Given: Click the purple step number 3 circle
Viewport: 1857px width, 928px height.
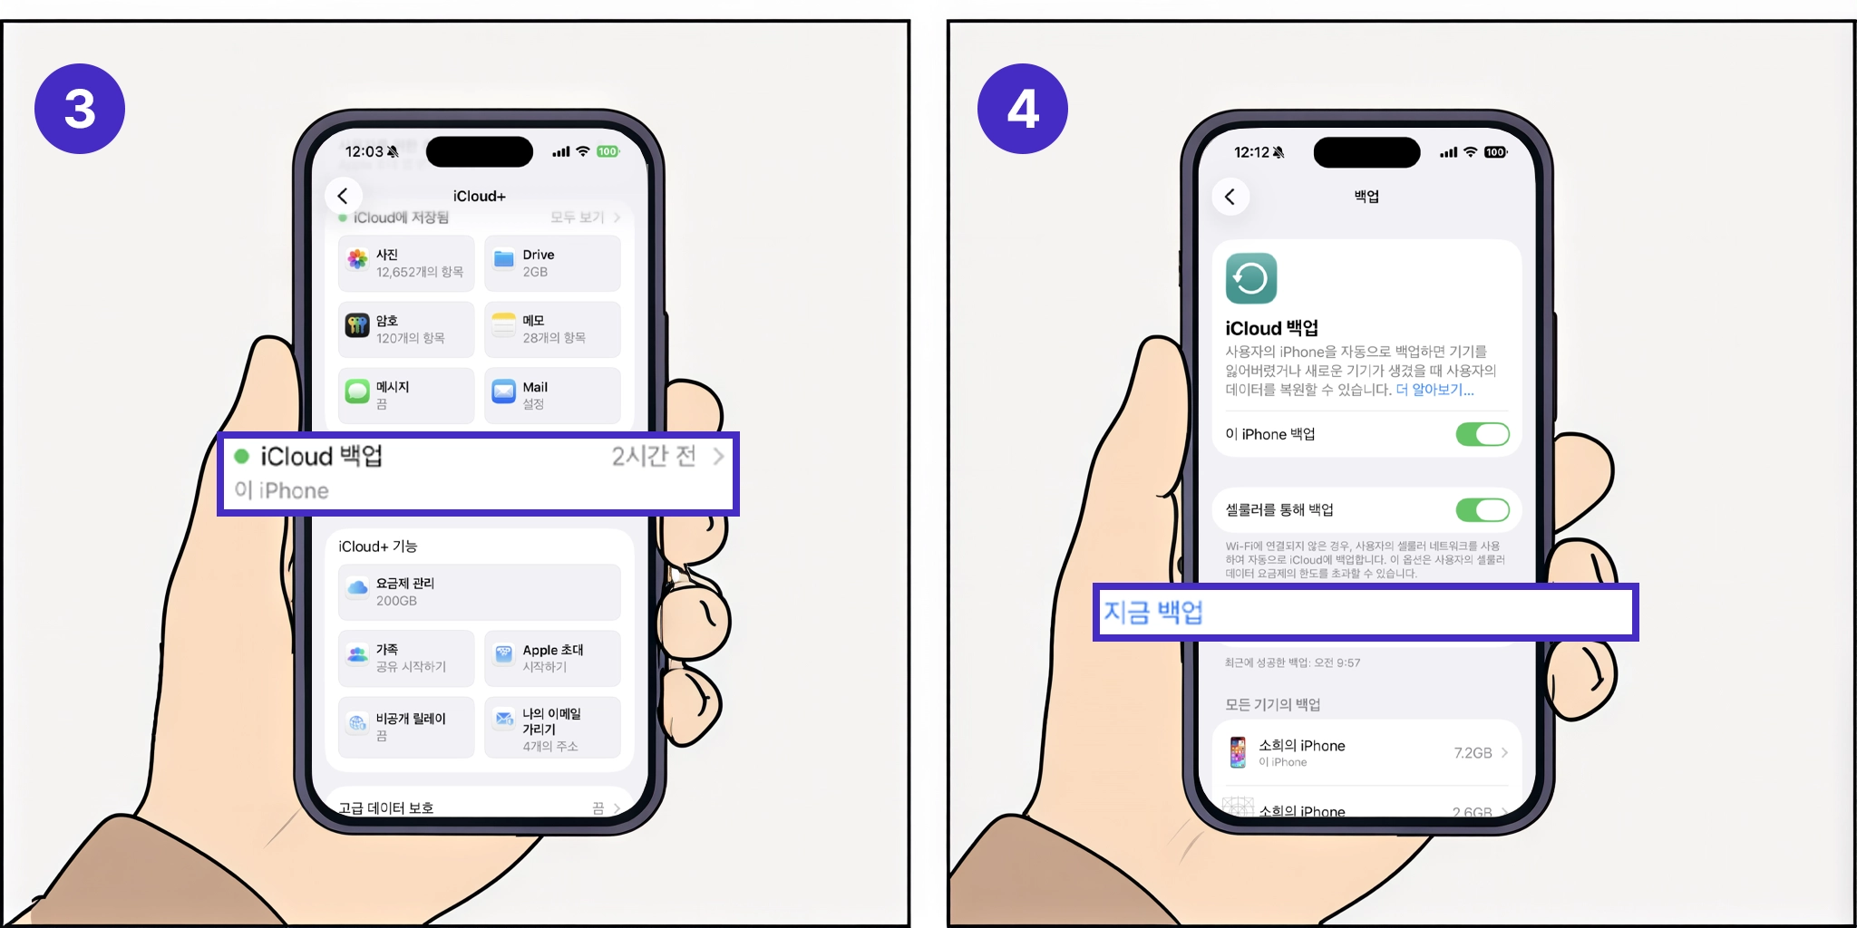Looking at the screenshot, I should tap(80, 109).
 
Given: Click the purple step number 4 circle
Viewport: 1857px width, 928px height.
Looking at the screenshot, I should tap(1022, 109).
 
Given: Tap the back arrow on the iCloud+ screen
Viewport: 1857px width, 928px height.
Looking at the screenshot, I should tap(343, 196).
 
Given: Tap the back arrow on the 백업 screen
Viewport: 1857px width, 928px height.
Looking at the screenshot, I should tap(1230, 197).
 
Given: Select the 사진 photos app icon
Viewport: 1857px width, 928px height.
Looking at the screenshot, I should tap(357, 260).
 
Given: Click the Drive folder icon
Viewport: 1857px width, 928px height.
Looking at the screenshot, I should tap(503, 260).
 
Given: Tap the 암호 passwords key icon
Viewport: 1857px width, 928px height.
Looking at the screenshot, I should tap(357, 325).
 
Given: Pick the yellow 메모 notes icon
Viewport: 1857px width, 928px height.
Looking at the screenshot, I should tap(503, 324).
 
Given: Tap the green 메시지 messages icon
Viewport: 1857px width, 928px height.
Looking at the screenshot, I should tap(357, 391).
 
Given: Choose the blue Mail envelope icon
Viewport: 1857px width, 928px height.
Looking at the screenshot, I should tap(503, 391).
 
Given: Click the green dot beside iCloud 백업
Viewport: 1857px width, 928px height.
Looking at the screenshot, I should tap(241, 456).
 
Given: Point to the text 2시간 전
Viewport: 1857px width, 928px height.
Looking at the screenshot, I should tap(653, 456).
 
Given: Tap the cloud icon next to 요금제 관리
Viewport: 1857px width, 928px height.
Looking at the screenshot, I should tap(357, 588).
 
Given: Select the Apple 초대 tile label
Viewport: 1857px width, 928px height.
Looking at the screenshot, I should tap(552, 650).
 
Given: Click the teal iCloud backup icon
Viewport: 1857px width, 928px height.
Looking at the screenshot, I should tap(1251, 278).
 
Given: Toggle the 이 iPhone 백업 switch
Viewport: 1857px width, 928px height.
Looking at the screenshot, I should tap(1483, 434).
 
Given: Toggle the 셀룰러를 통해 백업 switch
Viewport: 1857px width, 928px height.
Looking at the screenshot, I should tap(1483, 510).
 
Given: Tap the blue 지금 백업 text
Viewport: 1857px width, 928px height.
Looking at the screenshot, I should tap(1152, 613).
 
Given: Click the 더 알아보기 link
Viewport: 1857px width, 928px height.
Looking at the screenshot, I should tap(1434, 390).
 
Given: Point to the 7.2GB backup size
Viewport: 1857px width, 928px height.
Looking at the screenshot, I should tap(1473, 753).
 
